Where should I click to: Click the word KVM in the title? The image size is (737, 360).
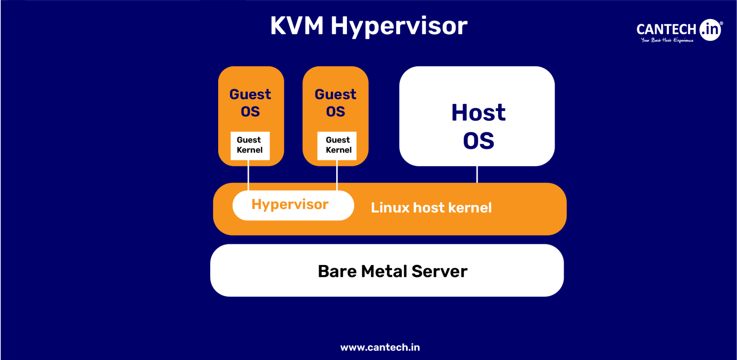(297, 26)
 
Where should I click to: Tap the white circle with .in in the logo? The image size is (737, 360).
(710, 30)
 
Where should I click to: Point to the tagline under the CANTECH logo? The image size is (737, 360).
(667, 40)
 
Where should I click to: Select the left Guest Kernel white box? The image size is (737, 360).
(250, 145)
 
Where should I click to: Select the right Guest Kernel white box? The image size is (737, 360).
(337, 145)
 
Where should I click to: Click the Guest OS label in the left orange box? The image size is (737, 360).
(250, 103)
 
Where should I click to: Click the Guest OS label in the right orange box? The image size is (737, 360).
(335, 103)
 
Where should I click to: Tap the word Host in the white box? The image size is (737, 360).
(478, 113)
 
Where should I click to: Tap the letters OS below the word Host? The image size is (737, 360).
(478, 141)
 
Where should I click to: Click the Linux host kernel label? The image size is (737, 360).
(431, 208)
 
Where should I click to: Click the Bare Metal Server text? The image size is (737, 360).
(392, 271)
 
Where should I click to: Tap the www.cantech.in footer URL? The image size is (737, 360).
(380, 347)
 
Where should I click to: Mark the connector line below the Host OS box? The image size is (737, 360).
(477, 174)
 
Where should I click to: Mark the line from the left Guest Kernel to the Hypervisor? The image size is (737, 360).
(248, 175)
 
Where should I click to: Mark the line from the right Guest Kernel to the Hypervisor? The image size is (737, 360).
(337, 175)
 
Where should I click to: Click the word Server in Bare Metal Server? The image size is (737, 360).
(439, 271)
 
